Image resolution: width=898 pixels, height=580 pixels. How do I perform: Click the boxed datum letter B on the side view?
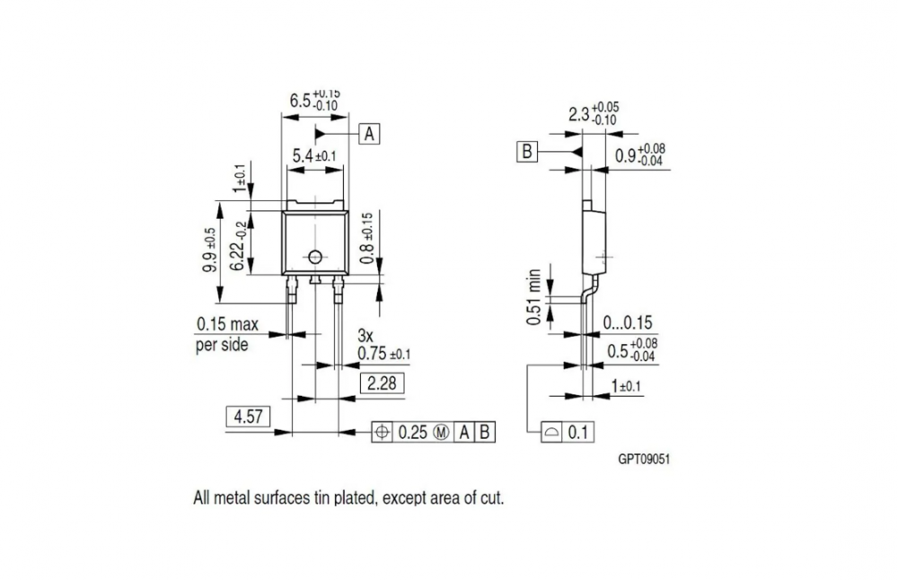pyautogui.click(x=526, y=152)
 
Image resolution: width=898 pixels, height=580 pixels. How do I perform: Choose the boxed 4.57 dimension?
pyautogui.click(x=246, y=417)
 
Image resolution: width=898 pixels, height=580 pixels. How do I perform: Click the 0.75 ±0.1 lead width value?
pyautogui.click(x=383, y=354)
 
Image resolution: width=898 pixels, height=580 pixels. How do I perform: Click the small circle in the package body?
pyautogui.click(x=315, y=258)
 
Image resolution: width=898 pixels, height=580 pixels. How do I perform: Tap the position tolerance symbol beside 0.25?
pyautogui.click(x=383, y=432)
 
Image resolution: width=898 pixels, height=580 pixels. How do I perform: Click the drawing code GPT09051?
pyautogui.click(x=644, y=459)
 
